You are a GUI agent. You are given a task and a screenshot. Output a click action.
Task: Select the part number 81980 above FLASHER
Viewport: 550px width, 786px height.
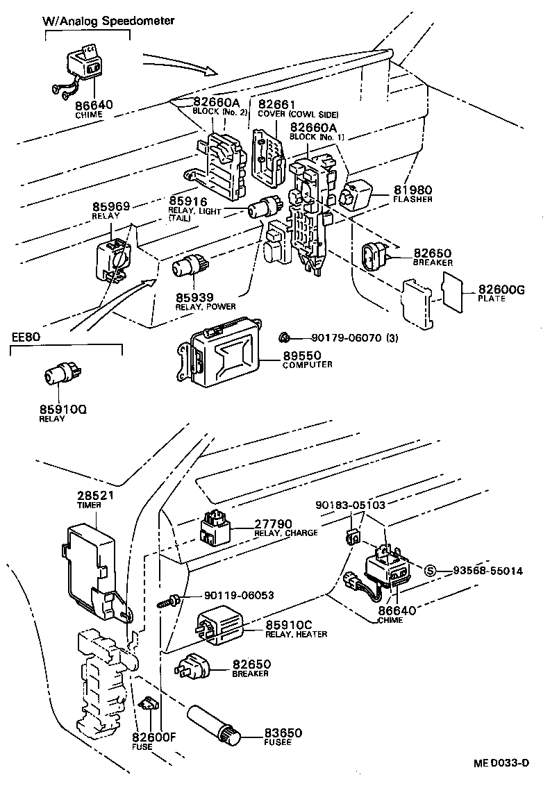click(413, 190)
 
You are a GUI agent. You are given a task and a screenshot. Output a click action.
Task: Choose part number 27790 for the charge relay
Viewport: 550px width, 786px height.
click(273, 524)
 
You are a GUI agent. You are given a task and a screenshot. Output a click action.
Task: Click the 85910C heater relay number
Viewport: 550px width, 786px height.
click(290, 624)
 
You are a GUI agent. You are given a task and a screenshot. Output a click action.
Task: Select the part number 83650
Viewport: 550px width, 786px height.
click(283, 733)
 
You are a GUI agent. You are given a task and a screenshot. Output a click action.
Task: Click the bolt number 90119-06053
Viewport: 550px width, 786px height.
click(238, 596)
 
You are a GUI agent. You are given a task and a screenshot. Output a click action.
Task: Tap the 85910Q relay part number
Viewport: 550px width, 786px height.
click(62, 410)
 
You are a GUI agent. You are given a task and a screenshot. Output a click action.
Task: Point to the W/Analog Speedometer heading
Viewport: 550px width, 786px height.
click(106, 20)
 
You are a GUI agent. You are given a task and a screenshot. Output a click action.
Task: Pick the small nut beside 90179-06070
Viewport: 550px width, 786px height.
click(283, 337)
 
